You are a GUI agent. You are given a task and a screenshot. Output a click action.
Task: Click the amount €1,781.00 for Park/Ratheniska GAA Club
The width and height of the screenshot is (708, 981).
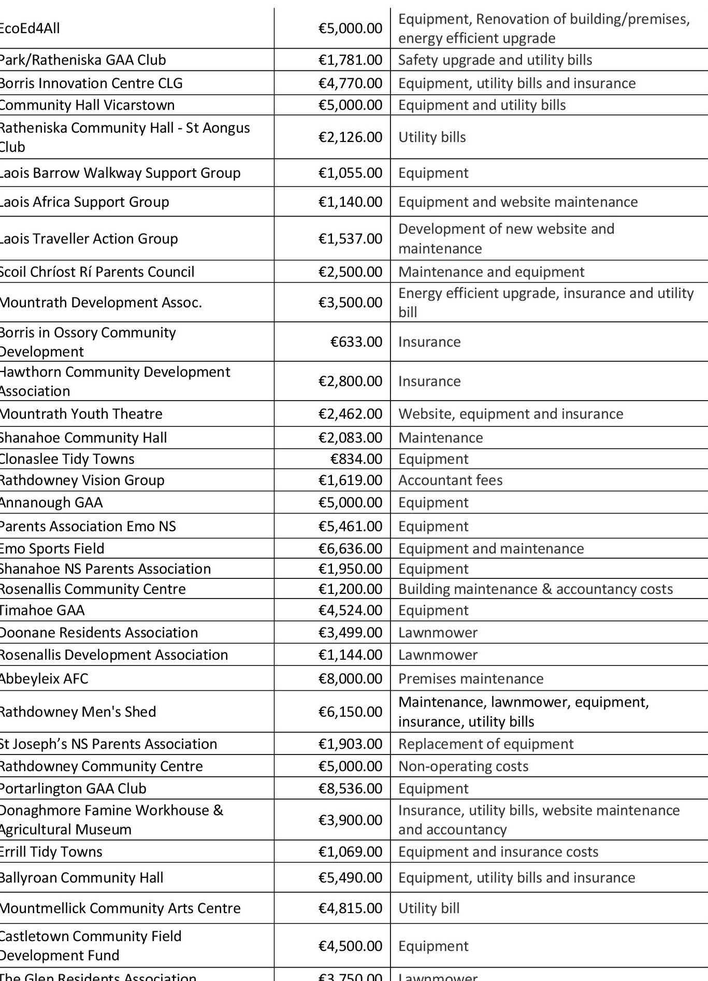(350, 60)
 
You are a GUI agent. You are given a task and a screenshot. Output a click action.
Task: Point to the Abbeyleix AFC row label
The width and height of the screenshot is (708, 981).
(44, 679)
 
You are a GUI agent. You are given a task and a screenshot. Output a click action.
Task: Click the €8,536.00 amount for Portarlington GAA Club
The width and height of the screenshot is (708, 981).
(350, 789)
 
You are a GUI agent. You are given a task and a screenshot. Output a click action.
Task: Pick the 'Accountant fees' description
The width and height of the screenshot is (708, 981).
(450, 480)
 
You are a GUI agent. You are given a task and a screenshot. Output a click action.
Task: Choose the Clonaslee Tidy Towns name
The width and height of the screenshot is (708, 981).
(67, 459)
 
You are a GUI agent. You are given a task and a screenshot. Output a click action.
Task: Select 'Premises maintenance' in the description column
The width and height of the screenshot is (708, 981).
(471, 679)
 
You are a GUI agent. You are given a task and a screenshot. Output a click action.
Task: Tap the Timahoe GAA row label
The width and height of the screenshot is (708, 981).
(42, 610)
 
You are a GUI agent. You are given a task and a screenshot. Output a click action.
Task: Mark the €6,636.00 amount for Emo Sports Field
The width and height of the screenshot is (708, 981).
(350, 549)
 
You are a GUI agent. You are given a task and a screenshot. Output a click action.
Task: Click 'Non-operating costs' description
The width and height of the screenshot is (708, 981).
(463, 766)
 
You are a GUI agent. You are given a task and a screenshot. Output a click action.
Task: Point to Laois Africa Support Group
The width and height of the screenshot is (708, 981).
(84, 202)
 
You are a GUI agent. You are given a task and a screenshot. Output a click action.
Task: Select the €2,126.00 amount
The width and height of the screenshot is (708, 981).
(350, 137)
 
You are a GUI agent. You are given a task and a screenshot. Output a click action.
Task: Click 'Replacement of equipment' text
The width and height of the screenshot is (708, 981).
(486, 744)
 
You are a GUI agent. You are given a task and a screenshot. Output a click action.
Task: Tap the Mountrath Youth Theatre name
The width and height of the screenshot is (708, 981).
(81, 414)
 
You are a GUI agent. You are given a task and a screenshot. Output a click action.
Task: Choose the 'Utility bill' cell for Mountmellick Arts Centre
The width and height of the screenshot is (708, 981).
(429, 908)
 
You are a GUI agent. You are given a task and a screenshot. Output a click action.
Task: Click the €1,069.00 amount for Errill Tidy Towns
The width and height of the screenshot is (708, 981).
(350, 852)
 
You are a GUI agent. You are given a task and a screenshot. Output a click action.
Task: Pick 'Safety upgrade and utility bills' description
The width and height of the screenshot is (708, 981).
(495, 60)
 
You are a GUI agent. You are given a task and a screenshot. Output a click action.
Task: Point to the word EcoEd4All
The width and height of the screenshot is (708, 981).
(30, 29)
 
